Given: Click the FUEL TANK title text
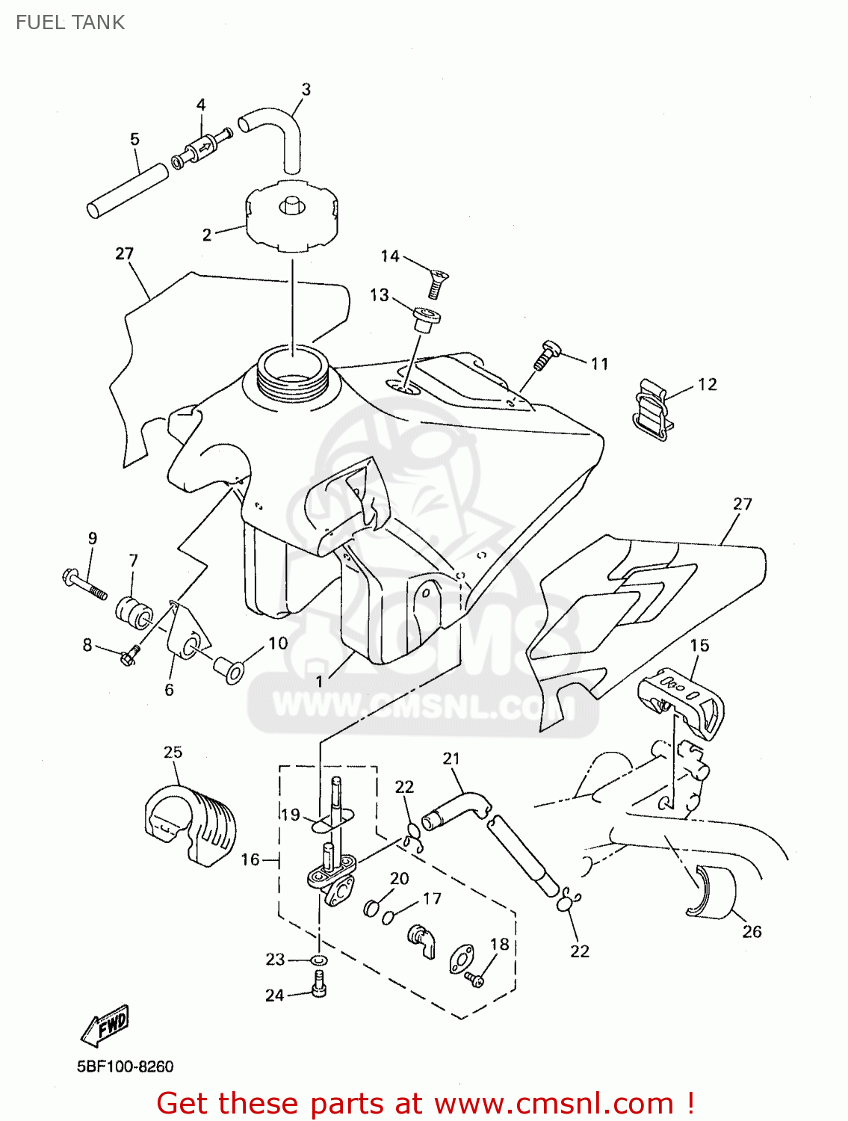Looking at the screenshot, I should (x=70, y=22).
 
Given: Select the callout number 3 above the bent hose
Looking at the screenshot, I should (x=306, y=90).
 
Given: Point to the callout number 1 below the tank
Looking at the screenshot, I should (x=320, y=681).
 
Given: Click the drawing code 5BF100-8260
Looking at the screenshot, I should (x=125, y=1066).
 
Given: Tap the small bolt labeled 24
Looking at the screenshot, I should (x=319, y=985).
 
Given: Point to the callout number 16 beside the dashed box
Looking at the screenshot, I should (x=250, y=859).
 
